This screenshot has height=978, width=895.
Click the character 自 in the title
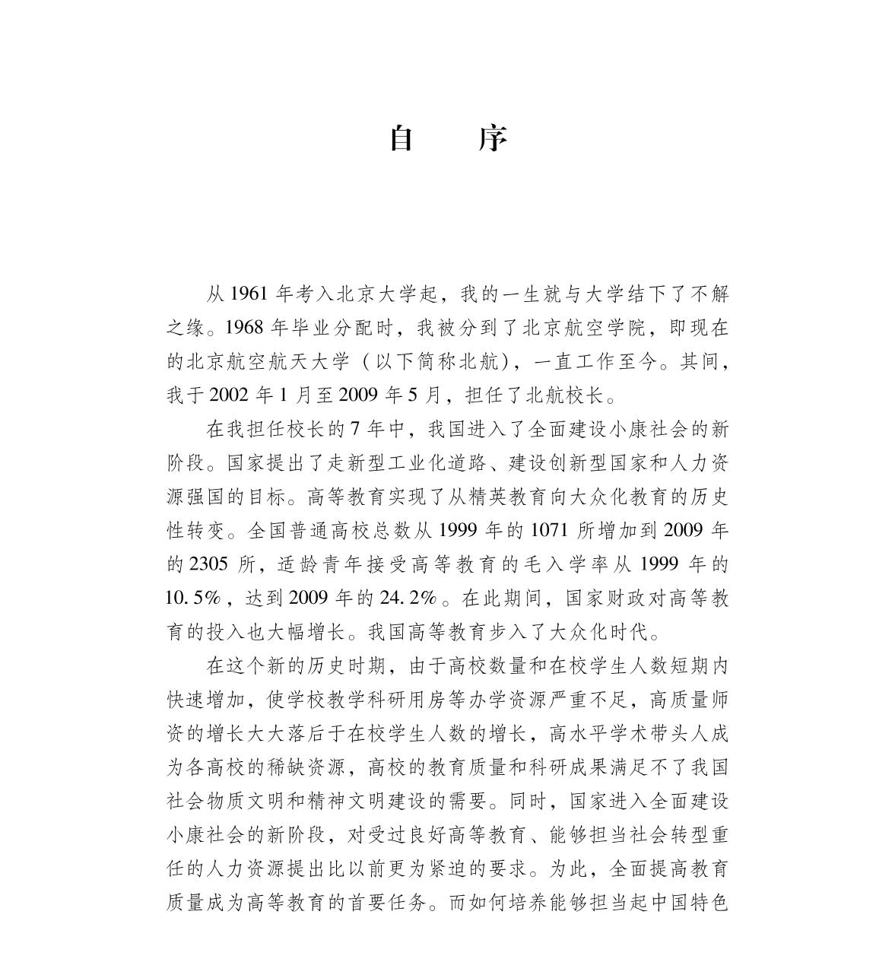coord(401,139)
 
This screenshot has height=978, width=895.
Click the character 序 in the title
coord(493,139)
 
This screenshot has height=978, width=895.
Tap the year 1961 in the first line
coord(248,294)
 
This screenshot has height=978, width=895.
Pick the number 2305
coord(208,564)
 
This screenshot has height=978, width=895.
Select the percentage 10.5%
coord(193,598)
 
